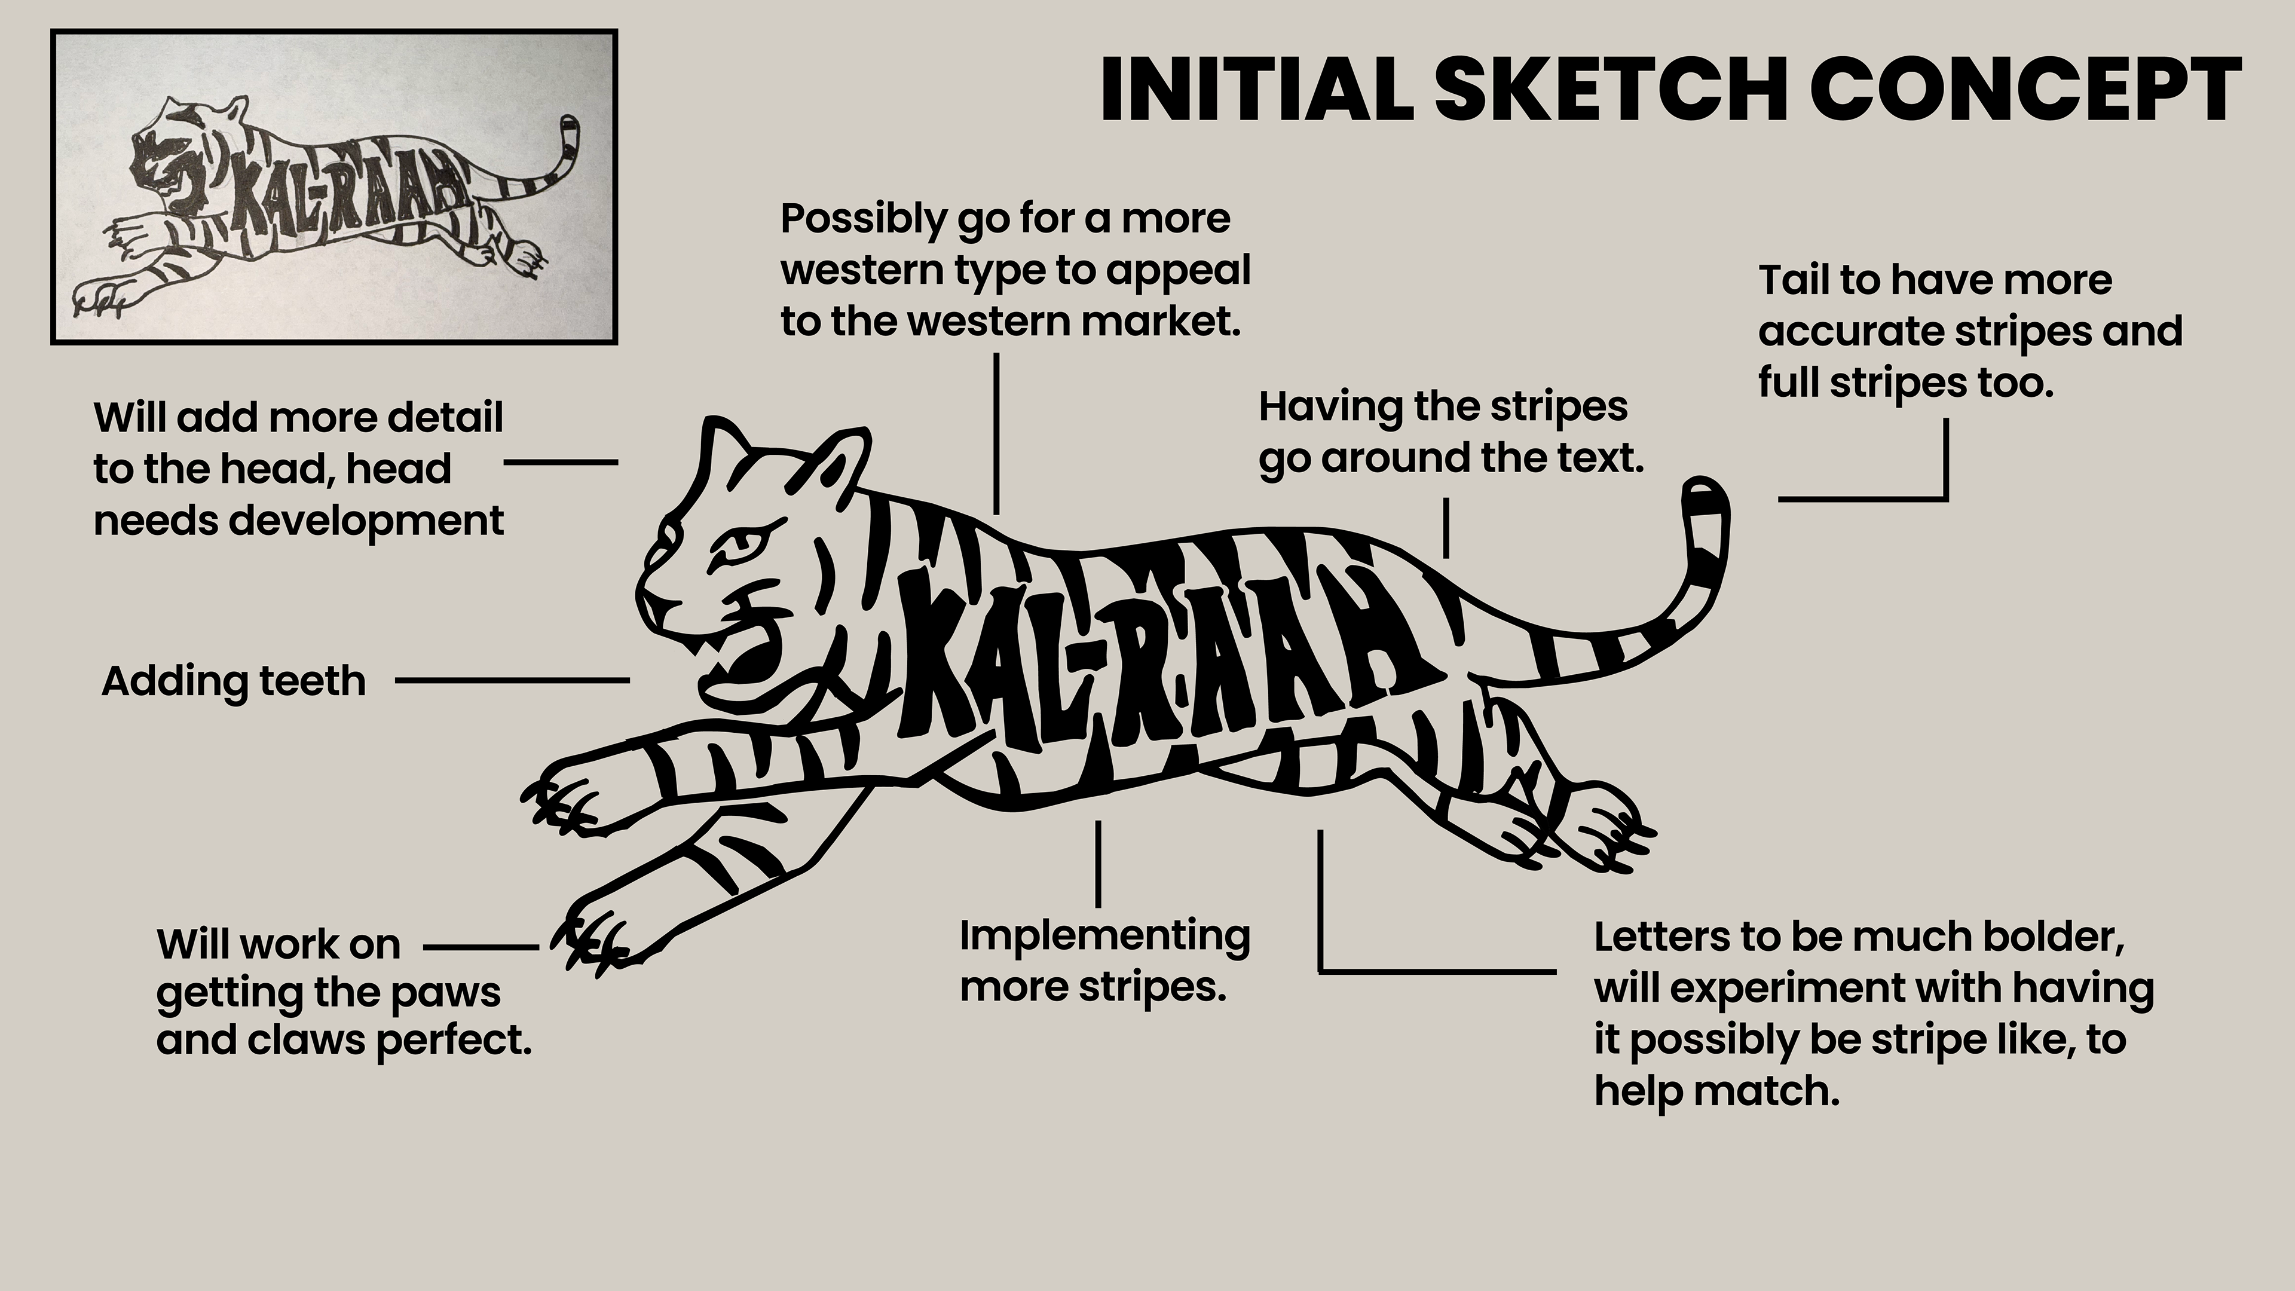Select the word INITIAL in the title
pos(1256,90)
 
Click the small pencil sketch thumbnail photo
pos(334,187)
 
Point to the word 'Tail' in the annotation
pos(1796,281)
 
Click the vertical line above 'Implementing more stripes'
pos(1098,862)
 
